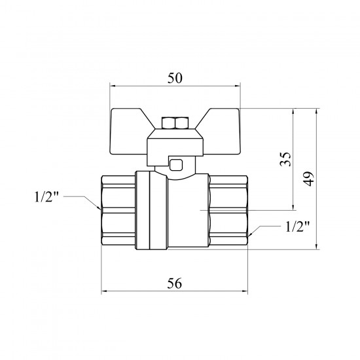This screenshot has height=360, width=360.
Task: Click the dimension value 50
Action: coord(175,78)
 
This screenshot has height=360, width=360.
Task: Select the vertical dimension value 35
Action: coord(285,159)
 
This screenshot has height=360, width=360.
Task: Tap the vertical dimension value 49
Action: coord(308,179)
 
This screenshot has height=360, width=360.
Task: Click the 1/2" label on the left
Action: coord(46,197)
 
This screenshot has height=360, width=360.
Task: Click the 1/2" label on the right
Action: coord(297,226)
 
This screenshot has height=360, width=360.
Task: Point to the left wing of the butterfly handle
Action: coord(128,131)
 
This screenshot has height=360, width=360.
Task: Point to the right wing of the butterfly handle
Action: coord(221,131)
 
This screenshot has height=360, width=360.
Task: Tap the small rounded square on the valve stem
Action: coord(176,165)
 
